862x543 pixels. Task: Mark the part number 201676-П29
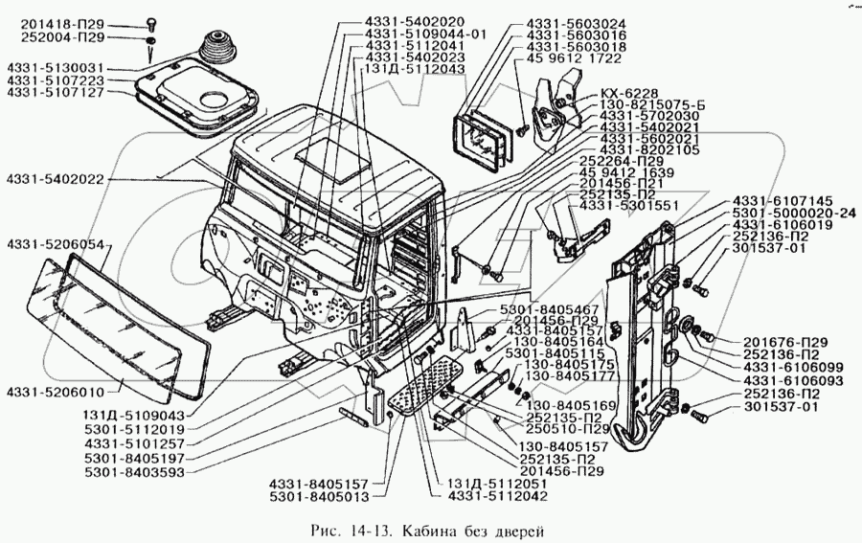[x=785, y=342]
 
